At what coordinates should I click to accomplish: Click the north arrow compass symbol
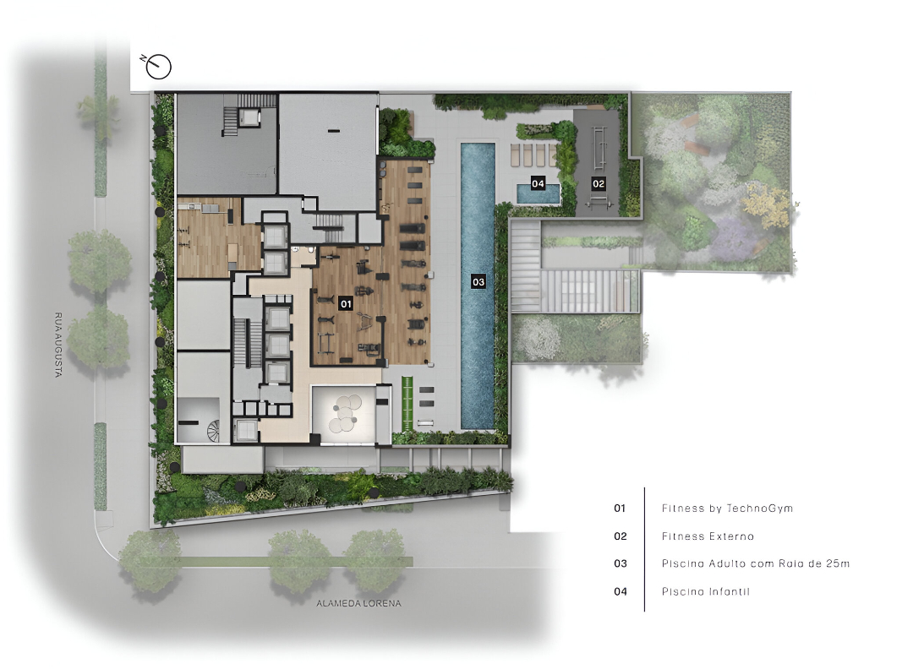coord(158,67)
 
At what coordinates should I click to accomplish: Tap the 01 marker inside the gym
coord(346,303)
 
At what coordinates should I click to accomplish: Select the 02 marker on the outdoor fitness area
coord(599,184)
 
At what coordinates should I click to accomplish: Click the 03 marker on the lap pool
coord(478,282)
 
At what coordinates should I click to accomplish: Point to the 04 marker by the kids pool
coord(538,184)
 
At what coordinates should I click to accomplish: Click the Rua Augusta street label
coord(58,345)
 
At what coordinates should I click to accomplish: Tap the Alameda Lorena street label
coord(358,603)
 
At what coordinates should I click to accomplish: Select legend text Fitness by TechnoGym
coord(727,508)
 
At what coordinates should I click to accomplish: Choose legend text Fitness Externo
coord(708,536)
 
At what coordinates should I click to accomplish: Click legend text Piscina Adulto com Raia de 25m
coord(755,563)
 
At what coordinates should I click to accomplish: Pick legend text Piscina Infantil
coord(705,591)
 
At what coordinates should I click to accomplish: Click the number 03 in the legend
coord(621,563)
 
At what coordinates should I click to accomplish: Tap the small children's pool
coord(538,194)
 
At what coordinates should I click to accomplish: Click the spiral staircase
coord(214,431)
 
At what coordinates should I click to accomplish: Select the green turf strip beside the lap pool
coord(407,401)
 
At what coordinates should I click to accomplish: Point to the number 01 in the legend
coord(620,509)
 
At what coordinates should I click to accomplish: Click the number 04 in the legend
coord(621,591)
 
